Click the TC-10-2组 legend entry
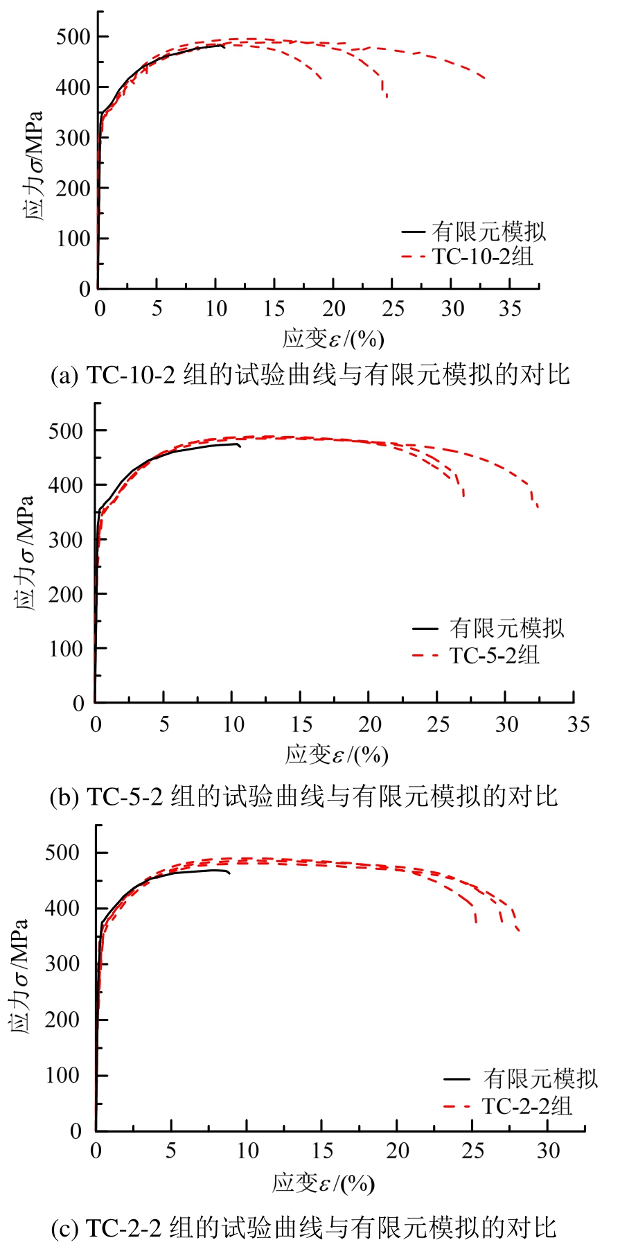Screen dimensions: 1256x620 click(x=483, y=256)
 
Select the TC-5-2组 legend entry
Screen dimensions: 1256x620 click(x=494, y=655)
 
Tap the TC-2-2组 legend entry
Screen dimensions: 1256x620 click(x=527, y=1106)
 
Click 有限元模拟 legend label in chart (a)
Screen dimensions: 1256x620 click(x=489, y=231)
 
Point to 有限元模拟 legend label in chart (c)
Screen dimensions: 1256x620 click(x=540, y=1079)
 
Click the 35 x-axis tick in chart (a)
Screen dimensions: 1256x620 click(x=510, y=308)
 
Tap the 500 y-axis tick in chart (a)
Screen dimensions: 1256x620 click(x=73, y=37)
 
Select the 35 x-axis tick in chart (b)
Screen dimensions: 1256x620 click(x=578, y=725)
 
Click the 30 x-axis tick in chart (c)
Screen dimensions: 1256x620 click(x=548, y=1151)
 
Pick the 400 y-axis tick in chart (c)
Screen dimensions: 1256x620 click(x=62, y=908)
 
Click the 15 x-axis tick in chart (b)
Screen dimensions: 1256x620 click(x=301, y=725)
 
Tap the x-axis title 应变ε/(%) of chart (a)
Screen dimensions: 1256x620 click(x=333, y=339)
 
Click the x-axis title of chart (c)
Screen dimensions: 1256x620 click(x=324, y=1183)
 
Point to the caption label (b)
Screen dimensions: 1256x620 click(x=64, y=797)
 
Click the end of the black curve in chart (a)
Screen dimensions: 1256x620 click(x=224, y=46)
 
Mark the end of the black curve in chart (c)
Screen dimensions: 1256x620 click(x=229, y=873)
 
